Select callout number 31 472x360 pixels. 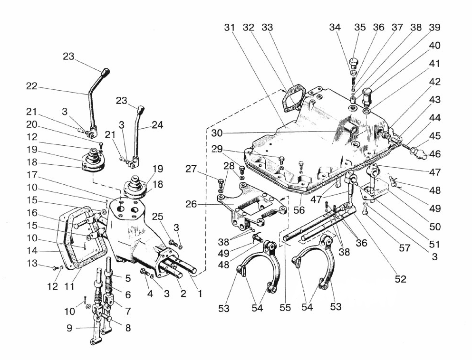coord(230,28)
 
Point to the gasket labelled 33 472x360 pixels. coord(290,101)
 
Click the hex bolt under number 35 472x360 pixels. coord(354,63)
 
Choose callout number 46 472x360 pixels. coord(434,153)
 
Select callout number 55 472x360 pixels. coord(285,308)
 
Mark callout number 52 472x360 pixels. coord(401,279)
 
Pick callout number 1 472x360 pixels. coord(200,294)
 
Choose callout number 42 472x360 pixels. coord(434,82)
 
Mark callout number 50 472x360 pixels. coord(434,227)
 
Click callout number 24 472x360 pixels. coord(157,125)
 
